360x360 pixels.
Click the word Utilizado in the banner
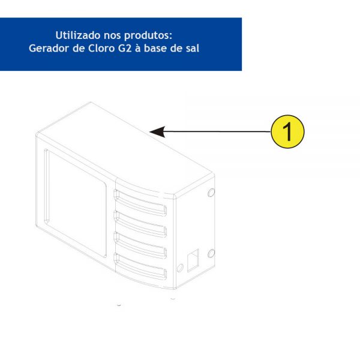(78, 35)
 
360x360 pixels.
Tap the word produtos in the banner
(148, 35)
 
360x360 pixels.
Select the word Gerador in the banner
(49, 48)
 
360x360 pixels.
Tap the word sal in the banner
(192, 48)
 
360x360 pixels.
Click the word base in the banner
(156, 48)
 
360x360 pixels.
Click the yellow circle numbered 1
(287, 131)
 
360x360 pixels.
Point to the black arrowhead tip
(149, 131)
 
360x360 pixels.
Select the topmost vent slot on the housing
(140, 203)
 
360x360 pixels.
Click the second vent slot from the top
(140, 224)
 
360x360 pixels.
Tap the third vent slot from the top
(140, 245)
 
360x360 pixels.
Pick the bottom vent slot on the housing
(140, 266)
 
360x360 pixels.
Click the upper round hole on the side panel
(211, 193)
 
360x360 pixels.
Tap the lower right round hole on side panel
(211, 253)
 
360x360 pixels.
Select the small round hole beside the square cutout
(180, 268)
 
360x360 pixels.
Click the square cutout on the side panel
(193, 260)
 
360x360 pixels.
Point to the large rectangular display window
(76, 203)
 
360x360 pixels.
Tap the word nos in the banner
(112, 35)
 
